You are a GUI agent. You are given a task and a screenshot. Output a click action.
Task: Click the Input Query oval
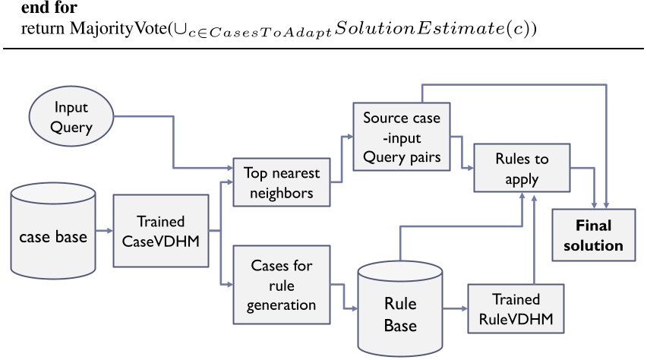71,118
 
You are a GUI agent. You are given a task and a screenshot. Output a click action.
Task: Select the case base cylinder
52,237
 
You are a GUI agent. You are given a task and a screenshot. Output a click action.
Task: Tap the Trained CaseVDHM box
161,231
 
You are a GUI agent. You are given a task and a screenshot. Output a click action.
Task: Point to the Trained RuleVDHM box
516,309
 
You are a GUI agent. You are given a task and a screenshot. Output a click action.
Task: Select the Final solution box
598,235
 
